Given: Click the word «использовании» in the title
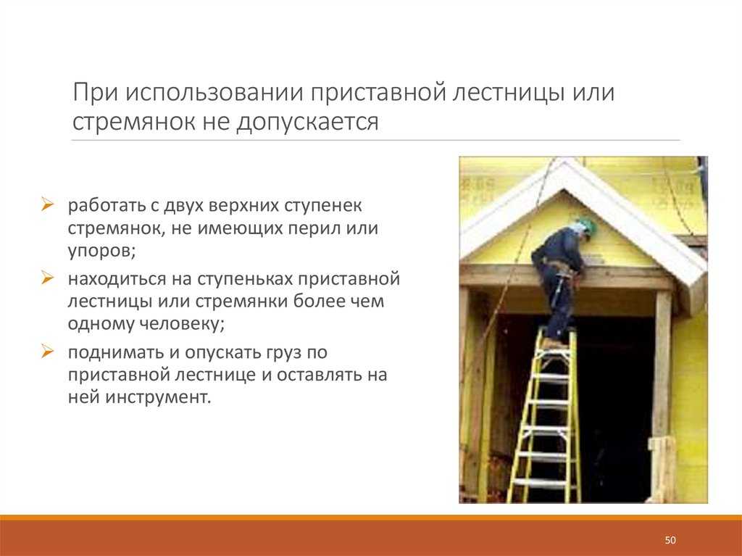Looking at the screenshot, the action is pos(214,92).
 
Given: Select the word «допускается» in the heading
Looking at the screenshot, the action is pos(307,123).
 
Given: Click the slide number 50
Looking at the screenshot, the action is pos(670,540).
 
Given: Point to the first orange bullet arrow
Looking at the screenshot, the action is pos(47,204).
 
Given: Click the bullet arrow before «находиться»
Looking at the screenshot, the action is pos(47,278).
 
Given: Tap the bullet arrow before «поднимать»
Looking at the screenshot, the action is pos(47,352).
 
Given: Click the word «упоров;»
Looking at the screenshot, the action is pos(101,252).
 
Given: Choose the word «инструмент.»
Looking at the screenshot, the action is pos(158,398).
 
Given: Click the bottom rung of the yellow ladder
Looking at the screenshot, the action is pos(543,482).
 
